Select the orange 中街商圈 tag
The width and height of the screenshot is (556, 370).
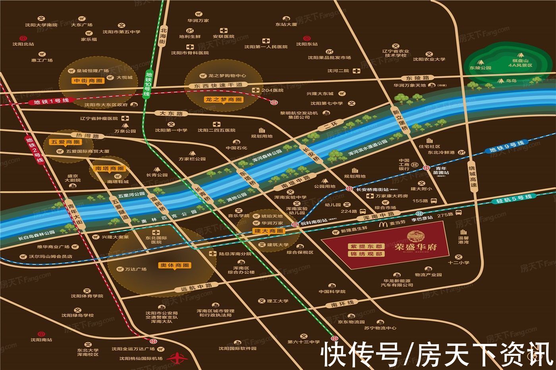[x=88, y=81]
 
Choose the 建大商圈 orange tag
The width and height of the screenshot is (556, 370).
[x=269, y=231]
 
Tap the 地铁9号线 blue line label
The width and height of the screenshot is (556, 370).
[x=507, y=146]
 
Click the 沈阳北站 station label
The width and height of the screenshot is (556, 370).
[x=23, y=44]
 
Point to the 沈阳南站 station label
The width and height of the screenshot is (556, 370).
[x=41, y=339]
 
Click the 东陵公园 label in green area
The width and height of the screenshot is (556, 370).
[x=480, y=68]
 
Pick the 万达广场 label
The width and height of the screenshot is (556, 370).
[x=135, y=269]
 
